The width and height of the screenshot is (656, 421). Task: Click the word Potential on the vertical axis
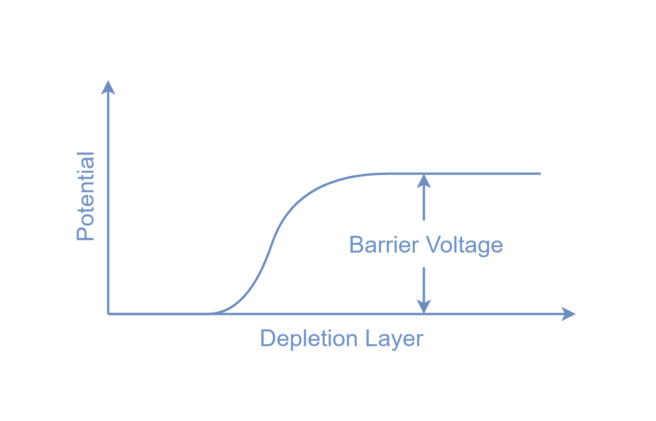point(86,196)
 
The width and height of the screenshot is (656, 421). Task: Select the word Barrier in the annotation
point(384,245)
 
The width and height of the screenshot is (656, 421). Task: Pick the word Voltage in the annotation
point(464,245)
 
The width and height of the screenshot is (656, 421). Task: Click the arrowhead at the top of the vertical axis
point(108,87)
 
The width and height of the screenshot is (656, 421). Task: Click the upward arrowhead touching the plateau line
point(424,181)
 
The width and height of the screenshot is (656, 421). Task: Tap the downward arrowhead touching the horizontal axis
point(424,306)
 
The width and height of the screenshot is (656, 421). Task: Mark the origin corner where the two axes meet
point(108,313)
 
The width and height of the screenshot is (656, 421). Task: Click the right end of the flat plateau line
point(540,173)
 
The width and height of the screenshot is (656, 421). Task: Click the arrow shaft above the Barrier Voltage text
point(424,205)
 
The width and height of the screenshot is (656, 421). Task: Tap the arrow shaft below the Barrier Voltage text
point(424,283)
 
